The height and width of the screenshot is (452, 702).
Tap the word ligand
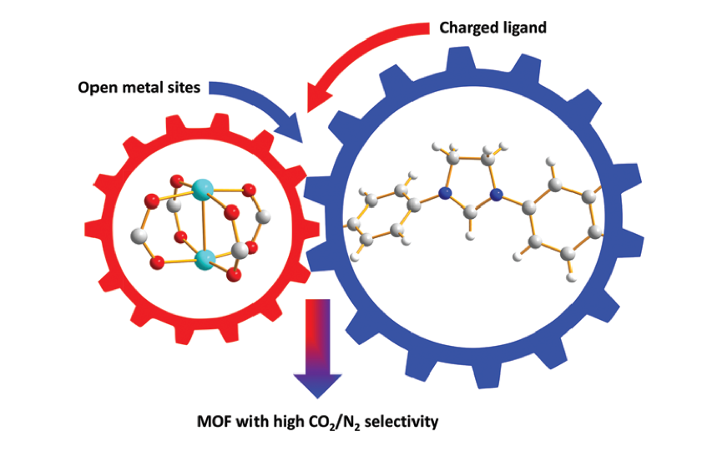(525, 28)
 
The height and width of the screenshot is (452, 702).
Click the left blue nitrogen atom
(444, 194)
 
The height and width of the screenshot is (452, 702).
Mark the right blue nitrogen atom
(497, 195)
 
